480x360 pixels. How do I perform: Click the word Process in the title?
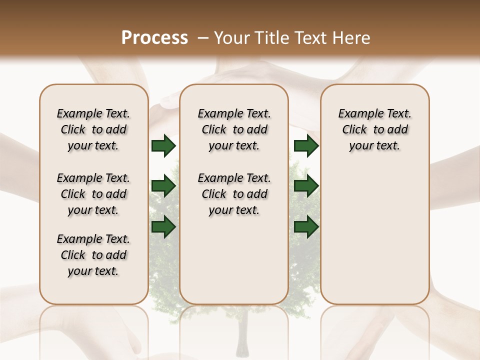point(154,38)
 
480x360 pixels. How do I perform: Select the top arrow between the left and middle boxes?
point(163,146)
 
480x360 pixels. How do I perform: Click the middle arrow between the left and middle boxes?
point(163,186)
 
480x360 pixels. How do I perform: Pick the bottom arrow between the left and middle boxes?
point(163,227)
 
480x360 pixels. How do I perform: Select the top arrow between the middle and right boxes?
point(306,146)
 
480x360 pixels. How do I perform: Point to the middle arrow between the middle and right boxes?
point(306,186)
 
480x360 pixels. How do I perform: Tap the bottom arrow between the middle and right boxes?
point(306,227)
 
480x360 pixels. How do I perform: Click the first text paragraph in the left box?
point(93,129)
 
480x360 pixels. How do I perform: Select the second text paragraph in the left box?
point(93,194)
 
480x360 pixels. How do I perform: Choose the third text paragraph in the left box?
point(93,255)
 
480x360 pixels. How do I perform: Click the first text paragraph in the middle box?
point(234,129)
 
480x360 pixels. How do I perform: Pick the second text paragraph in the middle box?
point(234,194)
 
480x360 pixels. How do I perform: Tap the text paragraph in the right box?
point(375,129)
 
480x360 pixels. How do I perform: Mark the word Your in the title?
point(232,38)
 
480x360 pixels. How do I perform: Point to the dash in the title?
point(203,38)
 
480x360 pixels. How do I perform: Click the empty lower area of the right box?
point(375,240)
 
